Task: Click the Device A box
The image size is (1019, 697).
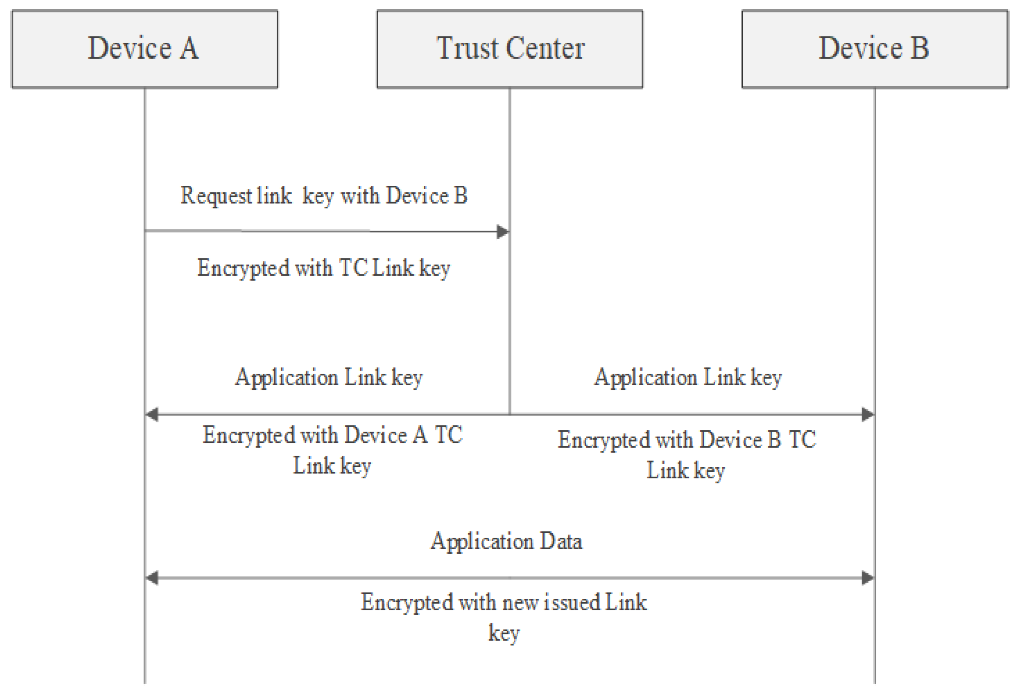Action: [145, 49]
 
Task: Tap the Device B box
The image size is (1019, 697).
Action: [874, 49]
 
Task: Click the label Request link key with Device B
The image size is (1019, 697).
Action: [323, 196]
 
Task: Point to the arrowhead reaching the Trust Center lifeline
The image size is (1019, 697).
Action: [503, 231]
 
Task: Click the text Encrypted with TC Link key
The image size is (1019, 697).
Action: [323, 268]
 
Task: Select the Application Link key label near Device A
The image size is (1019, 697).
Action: [329, 378]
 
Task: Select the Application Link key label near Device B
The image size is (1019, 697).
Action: [687, 378]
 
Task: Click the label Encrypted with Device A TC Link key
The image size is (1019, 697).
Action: [332, 450]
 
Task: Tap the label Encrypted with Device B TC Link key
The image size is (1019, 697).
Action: [686, 454]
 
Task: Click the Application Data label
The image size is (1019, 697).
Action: [506, 542]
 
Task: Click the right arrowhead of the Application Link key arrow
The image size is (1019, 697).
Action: [868, 414]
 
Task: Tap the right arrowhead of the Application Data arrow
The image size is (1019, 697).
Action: [868, 578]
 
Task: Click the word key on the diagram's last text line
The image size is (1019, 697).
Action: [504, 633]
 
